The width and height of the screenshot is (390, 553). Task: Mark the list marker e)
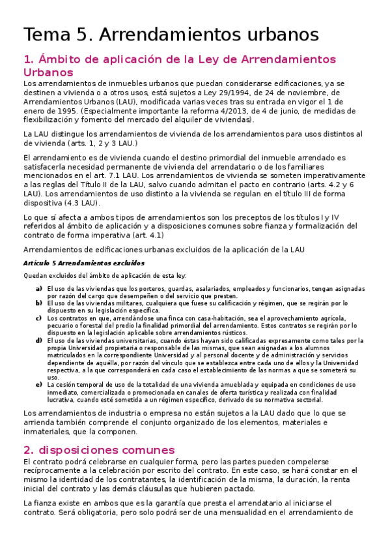pyautogui.click(x=39, y=385)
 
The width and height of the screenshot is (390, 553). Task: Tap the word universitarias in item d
pyautogui.click(x=139, y=340)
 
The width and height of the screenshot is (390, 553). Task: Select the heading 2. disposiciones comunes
pyautogui.click(x=99, y=450)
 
